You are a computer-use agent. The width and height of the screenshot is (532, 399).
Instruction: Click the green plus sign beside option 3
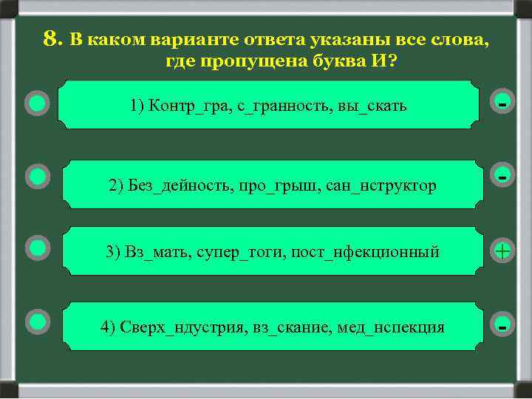click(x=502, y=252)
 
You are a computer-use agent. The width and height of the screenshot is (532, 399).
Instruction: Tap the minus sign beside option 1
click(x=502, y=103)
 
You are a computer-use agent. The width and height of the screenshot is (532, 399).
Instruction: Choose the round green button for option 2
click(x=37, y=177)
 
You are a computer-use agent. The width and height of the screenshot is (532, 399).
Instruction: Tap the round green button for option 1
click(x=37, y=103)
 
